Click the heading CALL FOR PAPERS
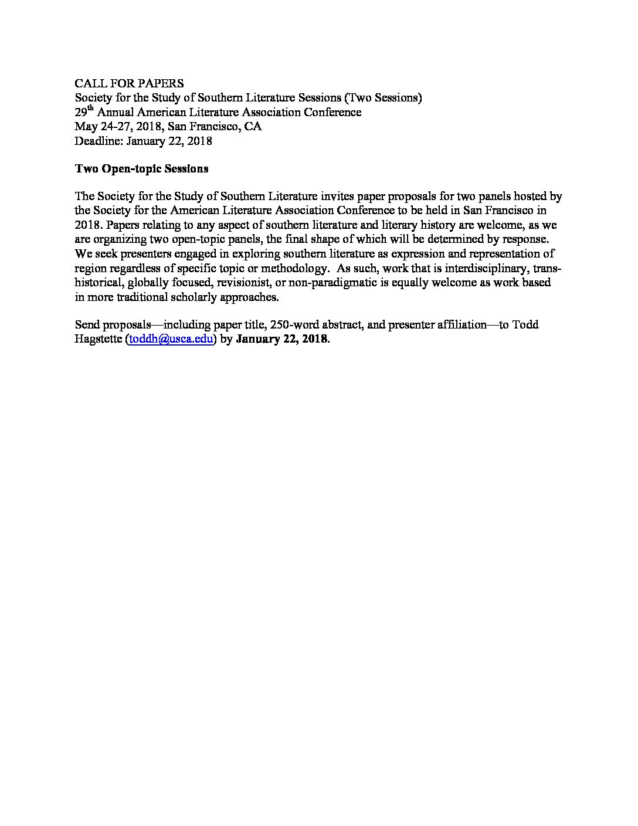(129, 83)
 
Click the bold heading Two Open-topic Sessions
(141, 169)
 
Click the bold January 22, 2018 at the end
(281, 339)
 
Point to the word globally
(147, 282)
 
